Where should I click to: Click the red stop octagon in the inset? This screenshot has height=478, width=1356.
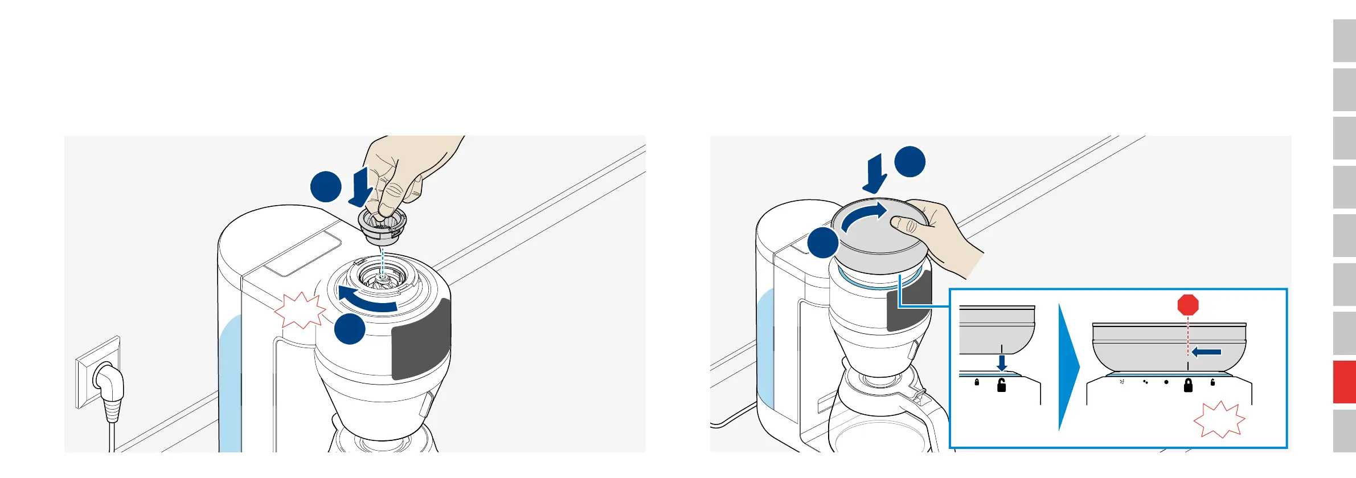pos(1188,305)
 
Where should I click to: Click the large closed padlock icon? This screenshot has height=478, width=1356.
pos(1188,386)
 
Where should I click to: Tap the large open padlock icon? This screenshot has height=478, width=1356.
pos(1001,386)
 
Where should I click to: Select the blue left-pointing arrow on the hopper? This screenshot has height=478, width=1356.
pos(1206,352)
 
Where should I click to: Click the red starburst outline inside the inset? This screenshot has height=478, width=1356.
pos(1219,420)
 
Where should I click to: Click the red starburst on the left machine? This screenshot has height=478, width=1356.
pos(300,311)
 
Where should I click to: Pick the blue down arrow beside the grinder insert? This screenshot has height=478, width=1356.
pos(360,186)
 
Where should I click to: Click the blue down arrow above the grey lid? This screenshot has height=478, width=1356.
pos(874,174)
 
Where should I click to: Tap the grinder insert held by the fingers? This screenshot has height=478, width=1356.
pos(382,225)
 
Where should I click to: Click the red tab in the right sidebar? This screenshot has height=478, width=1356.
pos(1344,382)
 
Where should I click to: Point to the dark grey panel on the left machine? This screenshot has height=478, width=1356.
pos(420,340)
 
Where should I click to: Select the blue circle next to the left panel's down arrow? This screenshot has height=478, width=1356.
pos(326,186)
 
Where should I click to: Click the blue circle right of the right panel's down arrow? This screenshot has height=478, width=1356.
pos(910,162)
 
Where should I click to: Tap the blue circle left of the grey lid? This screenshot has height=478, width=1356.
pos(823,243)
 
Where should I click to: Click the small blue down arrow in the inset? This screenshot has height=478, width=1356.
pos(1002,362)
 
